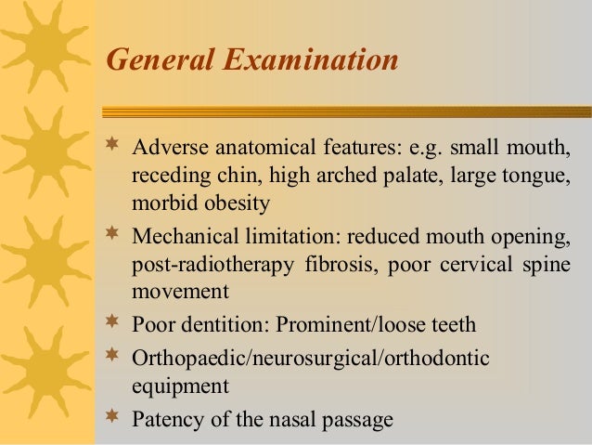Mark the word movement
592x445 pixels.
tap(180, 292)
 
